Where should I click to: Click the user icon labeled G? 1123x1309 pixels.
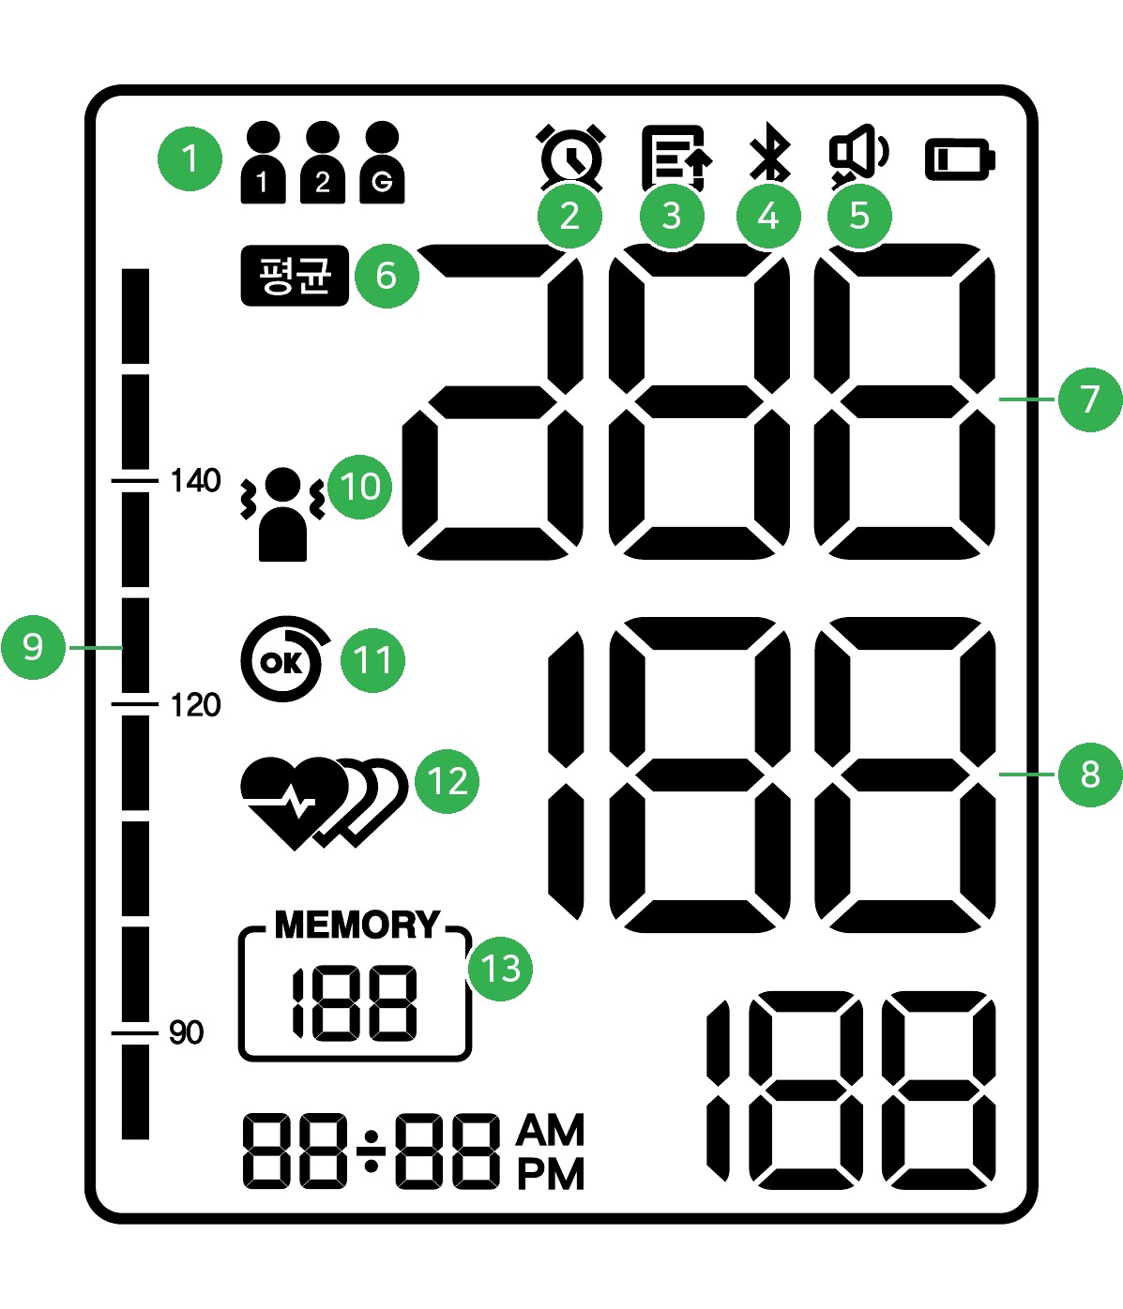click(382, 162)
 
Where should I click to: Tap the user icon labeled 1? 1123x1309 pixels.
click(263, 162)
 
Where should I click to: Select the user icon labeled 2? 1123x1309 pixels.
click(323, 162)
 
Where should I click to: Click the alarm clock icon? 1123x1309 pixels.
click(571, 158)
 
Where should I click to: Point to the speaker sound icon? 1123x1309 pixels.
click(858, 156)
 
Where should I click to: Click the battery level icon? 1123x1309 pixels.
click(960, 159)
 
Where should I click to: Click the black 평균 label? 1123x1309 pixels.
click(295, 276)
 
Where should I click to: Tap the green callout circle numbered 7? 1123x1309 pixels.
click(1090, 399)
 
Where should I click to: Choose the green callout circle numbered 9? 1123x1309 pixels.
click(33, 647)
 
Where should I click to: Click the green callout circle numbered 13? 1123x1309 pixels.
click(501, 969)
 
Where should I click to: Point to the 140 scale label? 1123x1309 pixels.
click(195, 480)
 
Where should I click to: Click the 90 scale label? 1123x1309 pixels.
click(187, 1032)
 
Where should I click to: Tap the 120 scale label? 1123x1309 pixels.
click(195, 705)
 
